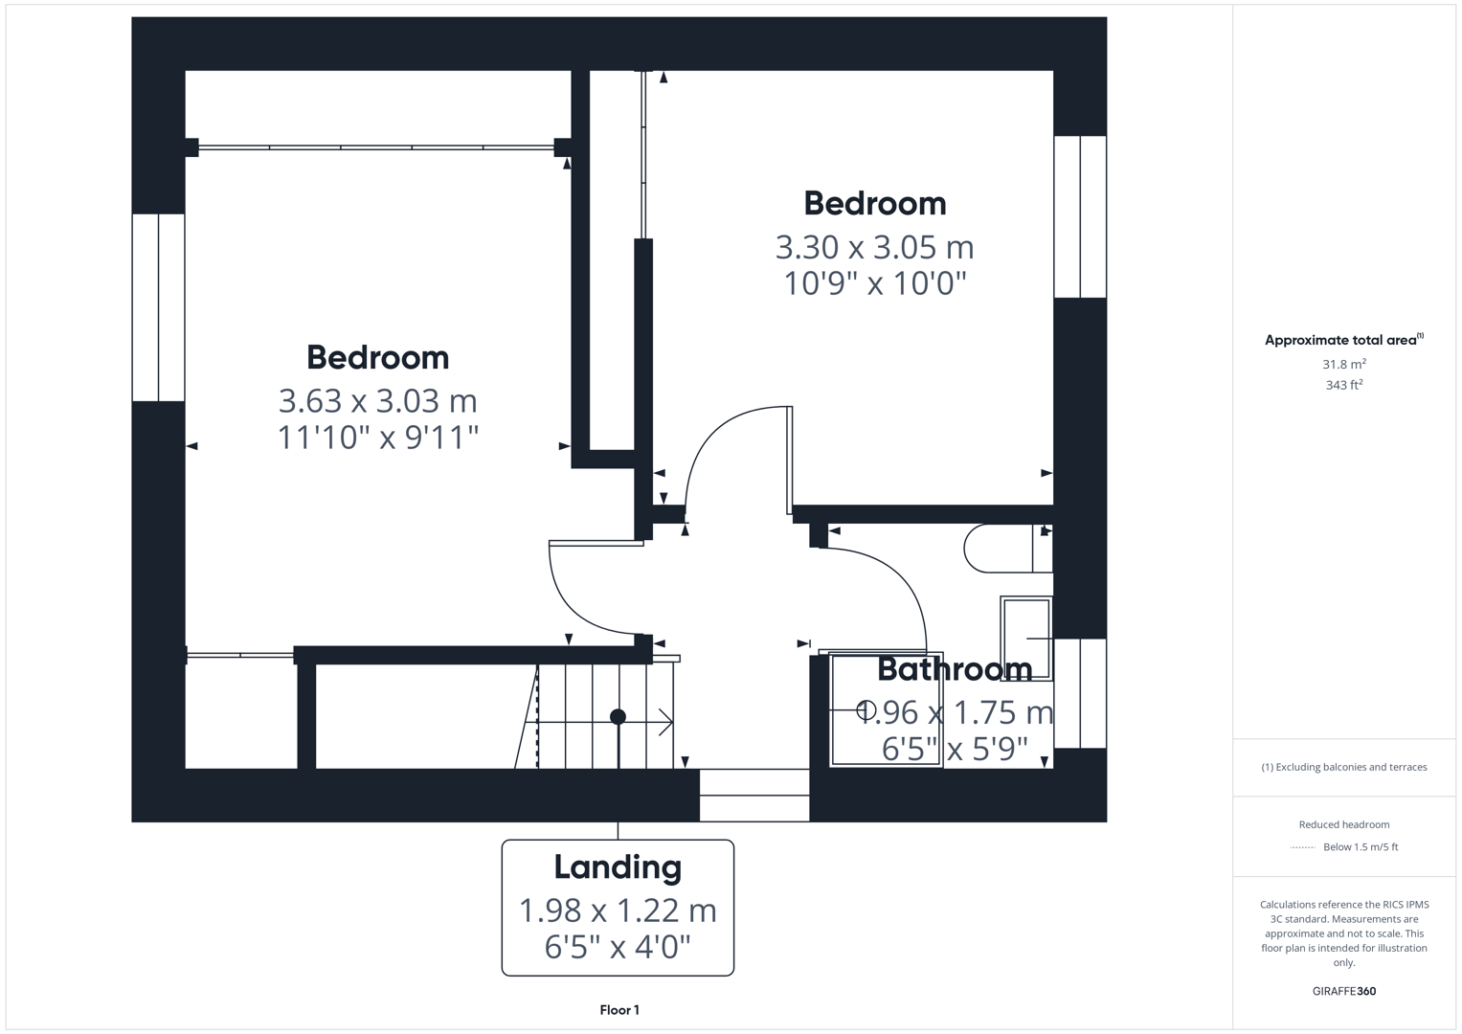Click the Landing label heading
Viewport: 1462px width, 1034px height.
(x=618, y=866)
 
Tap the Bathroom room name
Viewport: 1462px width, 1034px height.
(x=954, y=668)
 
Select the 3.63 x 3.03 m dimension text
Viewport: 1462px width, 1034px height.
(x=377, y=400)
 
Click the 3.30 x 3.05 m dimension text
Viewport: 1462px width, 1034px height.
(x=874, y=247)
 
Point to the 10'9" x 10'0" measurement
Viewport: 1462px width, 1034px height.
(x=874, y=283)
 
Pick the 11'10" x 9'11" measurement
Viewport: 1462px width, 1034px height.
(x=377, y=437)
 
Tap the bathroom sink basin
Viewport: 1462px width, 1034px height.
(x=1026, y=638)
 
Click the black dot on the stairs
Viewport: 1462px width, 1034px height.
(x=618, y=716)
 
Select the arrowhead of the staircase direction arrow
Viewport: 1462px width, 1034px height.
(x=667, y=722)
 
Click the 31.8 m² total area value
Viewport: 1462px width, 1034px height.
(x=1343, y=364)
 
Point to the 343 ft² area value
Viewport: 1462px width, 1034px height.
(x=1343, y=385)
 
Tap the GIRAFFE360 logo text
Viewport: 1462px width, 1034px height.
(x=1343, y=991)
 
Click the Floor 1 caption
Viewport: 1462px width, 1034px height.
(x=619, y=1010)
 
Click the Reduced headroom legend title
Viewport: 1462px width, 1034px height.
(x=1343, y=824)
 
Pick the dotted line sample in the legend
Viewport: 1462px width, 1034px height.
(x=1302, y=847)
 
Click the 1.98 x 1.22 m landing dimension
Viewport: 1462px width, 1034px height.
(x=618, y=910)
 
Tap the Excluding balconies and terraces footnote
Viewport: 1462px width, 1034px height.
(x=1343, y=767)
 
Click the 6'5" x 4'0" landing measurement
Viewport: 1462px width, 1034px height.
(x=618, y=947)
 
